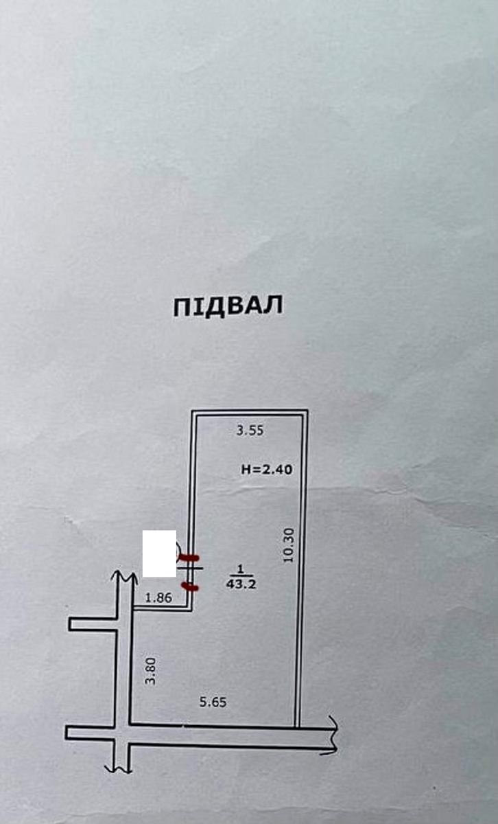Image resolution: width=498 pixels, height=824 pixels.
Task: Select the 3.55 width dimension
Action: coord(250,430)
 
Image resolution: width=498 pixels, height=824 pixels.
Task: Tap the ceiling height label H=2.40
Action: coord(267,469)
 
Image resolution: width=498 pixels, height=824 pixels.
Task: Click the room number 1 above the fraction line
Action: coord(240,570)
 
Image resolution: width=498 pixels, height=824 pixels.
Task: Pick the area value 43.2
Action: coord(241,584)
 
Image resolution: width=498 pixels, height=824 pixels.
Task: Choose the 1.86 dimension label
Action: coord(158,598)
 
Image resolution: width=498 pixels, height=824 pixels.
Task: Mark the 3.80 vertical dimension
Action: coord(150,672)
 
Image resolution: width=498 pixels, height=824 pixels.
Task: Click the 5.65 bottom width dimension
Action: coord(213,702)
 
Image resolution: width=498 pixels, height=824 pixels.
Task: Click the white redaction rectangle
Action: coord(159,553)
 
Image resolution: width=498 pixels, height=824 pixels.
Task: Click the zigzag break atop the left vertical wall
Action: coord(124,576)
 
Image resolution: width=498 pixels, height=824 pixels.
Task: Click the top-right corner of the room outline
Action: coord(307,410)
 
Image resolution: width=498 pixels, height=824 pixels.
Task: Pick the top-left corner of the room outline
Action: coord(191,410)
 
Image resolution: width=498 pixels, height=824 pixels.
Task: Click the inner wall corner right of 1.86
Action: coord(188,606)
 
